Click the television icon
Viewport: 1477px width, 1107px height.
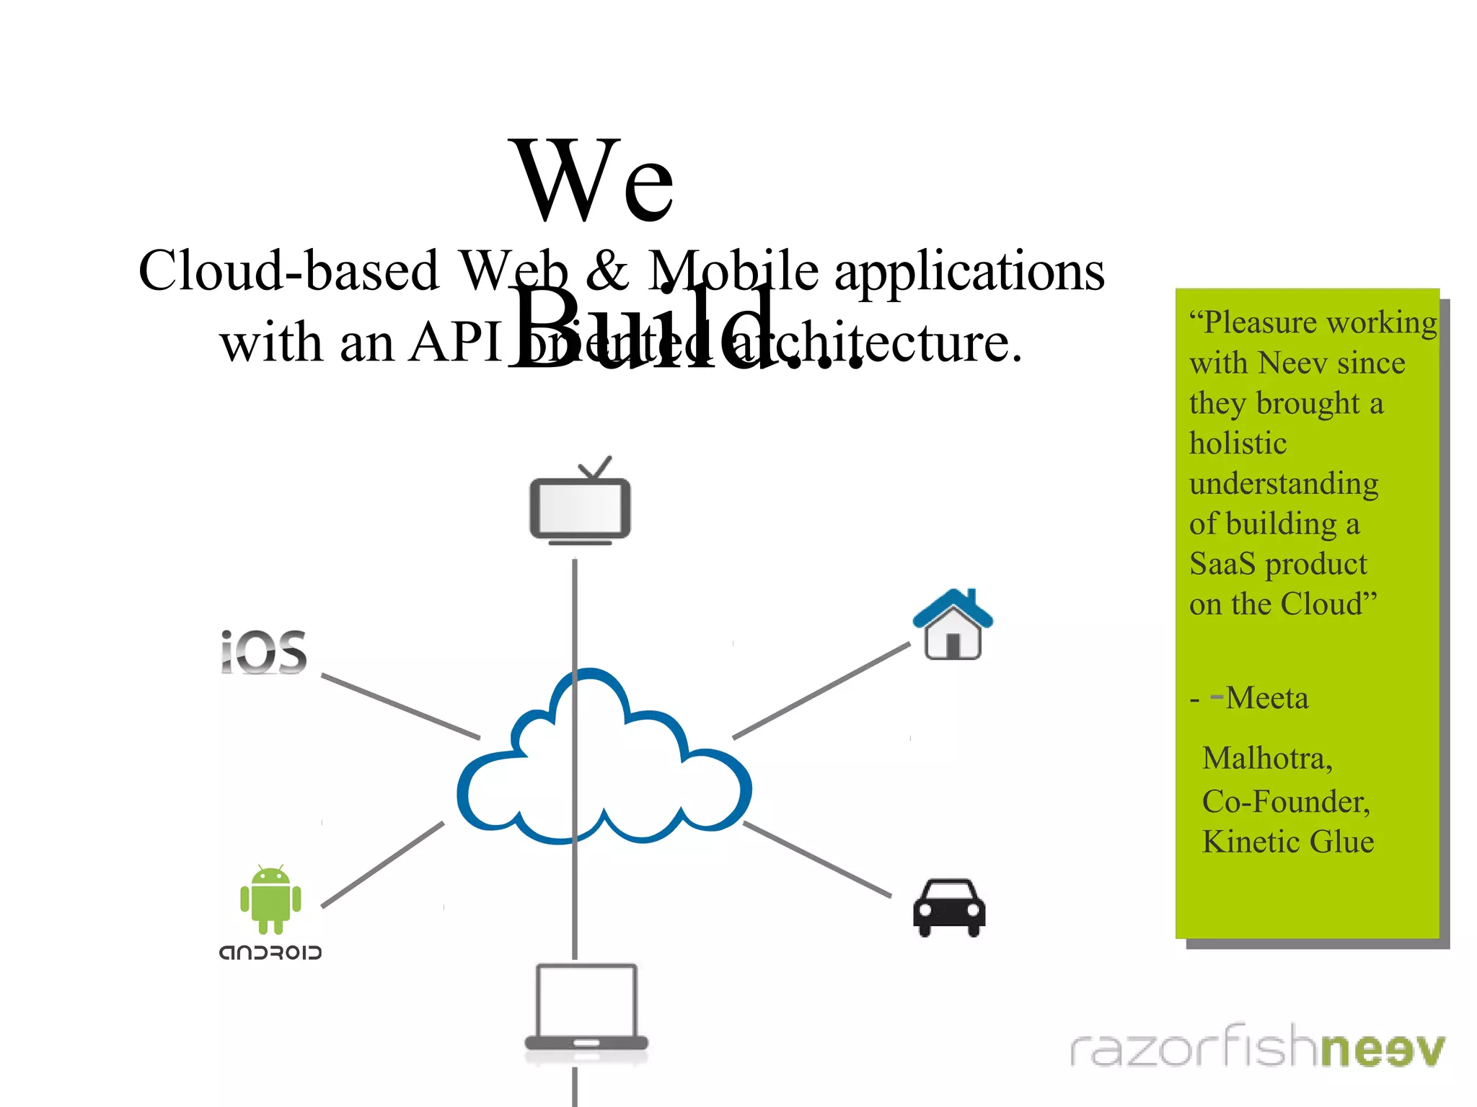point(580,506)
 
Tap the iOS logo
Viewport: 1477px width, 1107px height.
point(264,653)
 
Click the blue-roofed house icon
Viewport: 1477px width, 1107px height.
point(953,625)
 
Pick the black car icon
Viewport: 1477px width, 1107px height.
point(949,907)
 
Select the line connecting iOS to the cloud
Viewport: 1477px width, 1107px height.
point(400,707)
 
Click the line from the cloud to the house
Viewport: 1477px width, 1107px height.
point(821,691)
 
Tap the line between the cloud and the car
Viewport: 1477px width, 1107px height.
point(817,860)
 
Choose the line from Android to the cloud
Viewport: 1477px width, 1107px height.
point(382,865)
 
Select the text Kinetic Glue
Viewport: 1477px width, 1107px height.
point(1288,842)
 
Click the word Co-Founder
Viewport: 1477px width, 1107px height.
point(1286,801)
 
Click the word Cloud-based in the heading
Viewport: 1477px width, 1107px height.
point(288,270)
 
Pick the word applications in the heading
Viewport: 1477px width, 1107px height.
point(969,272)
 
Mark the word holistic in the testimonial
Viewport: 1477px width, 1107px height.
point(1238,443)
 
